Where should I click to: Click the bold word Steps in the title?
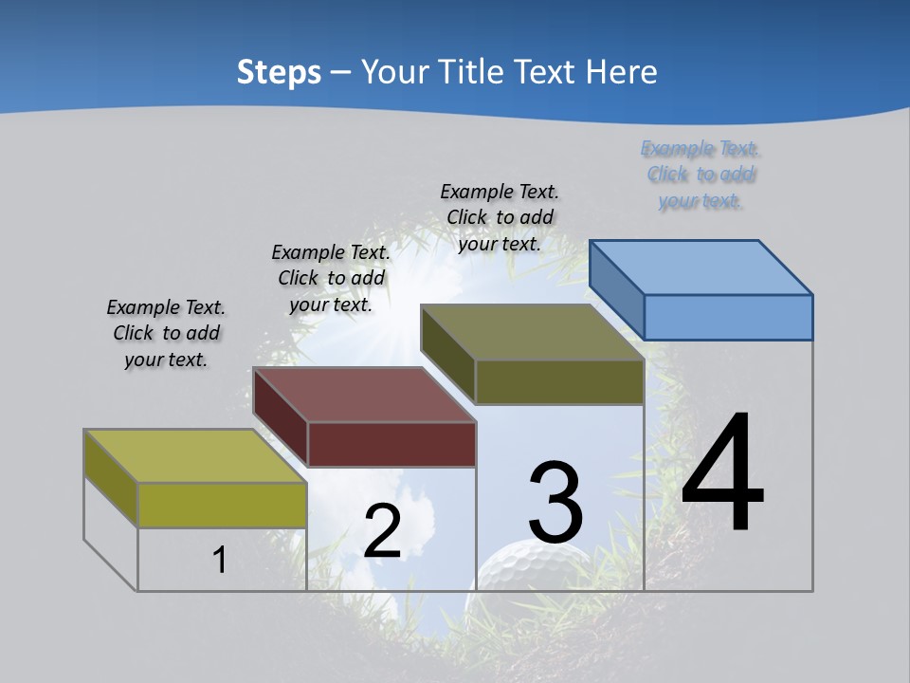tap(279, 72)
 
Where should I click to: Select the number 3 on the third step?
tap(555, 503)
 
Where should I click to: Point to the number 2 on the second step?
tap(382, 531)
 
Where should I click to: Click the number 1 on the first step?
tap(219, 561)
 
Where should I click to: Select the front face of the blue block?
tap(728, 317)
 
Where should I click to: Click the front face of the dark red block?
tap(391, 444)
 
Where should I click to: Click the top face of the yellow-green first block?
tap(195, 455)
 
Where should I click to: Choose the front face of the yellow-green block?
tap(222, 505)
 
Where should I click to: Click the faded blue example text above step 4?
tap(701, 175)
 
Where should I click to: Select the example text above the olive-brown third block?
tap(500, 217)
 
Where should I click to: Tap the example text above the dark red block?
tap(331, 278)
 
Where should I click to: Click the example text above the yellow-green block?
tap(166, 333)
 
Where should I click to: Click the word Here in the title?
tap(621, 72)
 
